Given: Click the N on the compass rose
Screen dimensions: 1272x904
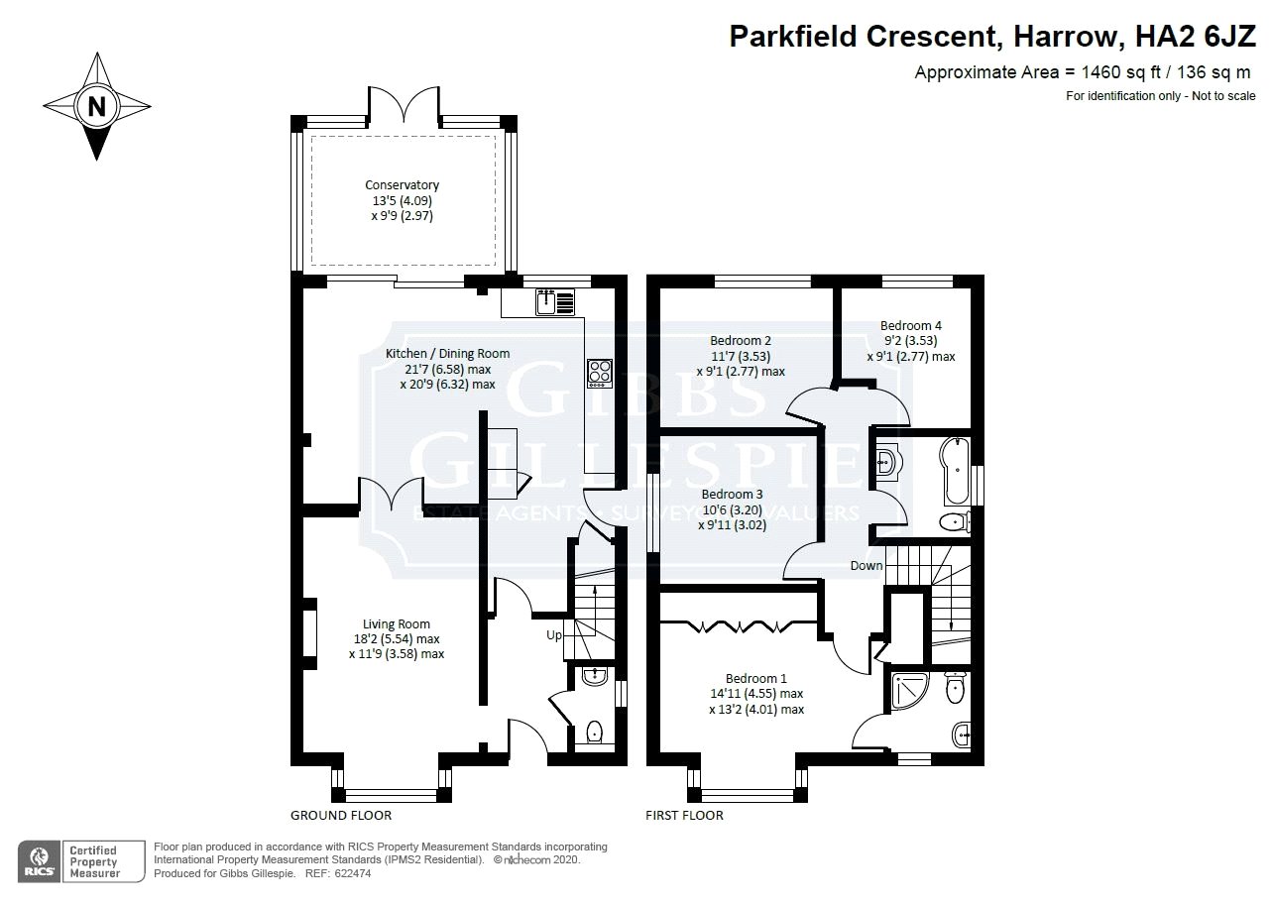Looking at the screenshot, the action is tap(97, 106).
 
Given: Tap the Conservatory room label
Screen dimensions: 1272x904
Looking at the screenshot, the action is tap(403, 185).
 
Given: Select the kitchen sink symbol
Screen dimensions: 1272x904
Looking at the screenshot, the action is tap(555, 301).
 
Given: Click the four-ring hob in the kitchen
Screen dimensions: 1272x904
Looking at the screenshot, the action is tap(600, 373).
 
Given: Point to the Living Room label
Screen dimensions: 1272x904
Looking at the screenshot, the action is tap(397, 624).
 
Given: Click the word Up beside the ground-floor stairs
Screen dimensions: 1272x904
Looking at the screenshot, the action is tap(554, 635).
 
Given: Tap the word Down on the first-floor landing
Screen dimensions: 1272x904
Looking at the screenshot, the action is tap(866, 566).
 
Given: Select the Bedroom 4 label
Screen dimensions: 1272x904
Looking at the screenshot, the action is tap(911, 325).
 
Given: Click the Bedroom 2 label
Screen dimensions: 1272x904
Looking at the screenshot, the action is tap(741, 341).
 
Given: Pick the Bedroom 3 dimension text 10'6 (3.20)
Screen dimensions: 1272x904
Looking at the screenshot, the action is tap(733, 509).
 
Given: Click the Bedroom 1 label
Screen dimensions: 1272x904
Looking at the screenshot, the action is tap(756, 679).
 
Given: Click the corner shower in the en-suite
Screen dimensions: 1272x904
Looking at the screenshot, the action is tap(910, 691).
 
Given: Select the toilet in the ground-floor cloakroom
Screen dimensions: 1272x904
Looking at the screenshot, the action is tap(594, 732).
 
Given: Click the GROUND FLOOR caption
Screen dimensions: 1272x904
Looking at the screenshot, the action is tap(341, 816).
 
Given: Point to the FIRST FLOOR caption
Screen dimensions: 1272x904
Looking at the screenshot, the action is tap(684, 816).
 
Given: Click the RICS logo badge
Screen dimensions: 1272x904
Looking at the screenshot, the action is tap(39, 862).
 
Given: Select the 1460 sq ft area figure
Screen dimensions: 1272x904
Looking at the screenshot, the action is tap(1122, 72).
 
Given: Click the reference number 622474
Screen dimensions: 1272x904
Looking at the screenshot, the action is tap(353, 873).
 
